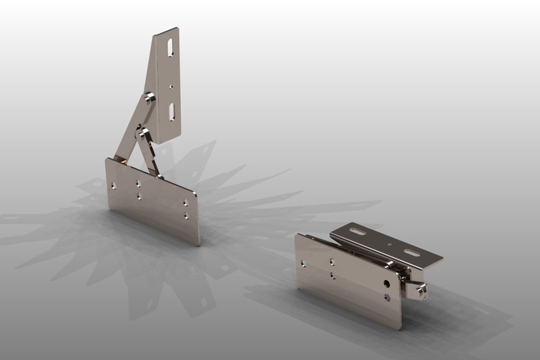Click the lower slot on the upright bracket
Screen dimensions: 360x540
[x=172, y=111]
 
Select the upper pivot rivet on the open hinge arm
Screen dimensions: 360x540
[x=149, y=97]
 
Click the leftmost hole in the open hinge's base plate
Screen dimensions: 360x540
[x=114, y=185]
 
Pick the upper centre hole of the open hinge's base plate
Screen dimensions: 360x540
[x=139, y=183]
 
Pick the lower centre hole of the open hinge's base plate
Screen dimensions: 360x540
[x=139, y=196]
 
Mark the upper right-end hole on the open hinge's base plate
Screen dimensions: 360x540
[x=185, y=203]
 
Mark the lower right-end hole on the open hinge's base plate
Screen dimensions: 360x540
[x=185, y=216]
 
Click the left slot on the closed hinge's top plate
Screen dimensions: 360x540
[x=358, y=231]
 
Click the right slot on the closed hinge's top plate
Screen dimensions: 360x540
[x=412, y=253]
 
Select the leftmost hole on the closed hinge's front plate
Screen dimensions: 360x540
[x=303, y=263]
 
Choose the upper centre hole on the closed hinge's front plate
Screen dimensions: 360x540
[x=332, y=262]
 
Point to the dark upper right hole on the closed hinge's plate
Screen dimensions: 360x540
[x=386, y=283]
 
